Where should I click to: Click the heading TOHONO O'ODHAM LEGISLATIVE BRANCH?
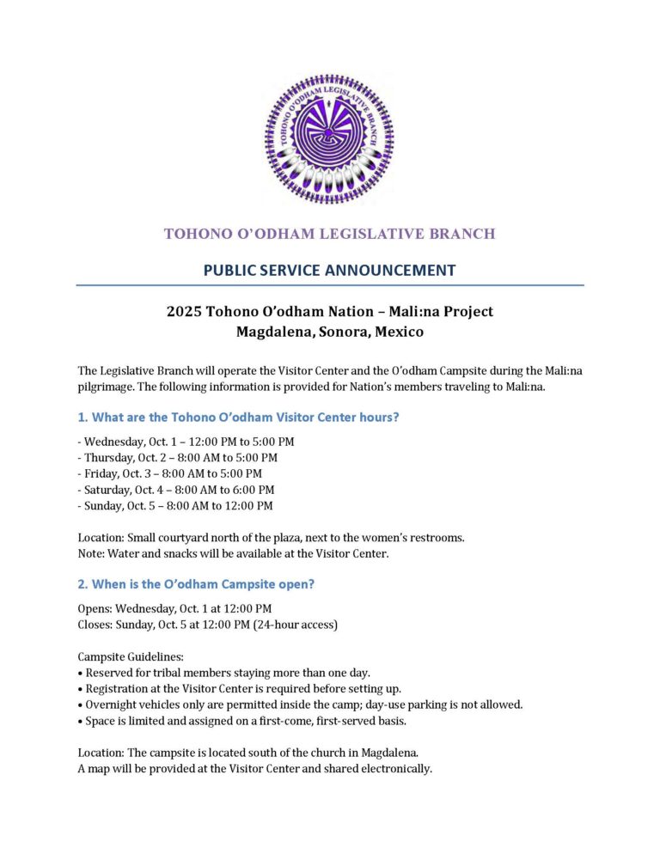(x=329, y=234)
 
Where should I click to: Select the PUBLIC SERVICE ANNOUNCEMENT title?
(x=329, y=270)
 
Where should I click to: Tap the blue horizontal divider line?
(x=329, y=285)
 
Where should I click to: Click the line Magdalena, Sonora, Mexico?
(x=329, y=331)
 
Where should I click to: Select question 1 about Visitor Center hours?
(x=238, y=417)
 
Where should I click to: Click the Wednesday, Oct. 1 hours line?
(x=186, y=442)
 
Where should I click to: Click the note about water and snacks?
(x=233, y=554)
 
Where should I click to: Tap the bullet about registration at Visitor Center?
(x=244, y=688)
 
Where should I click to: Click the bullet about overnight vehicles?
(x=301, y=705)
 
